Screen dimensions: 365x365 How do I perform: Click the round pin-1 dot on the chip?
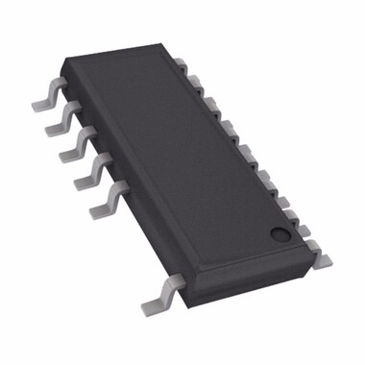278,231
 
